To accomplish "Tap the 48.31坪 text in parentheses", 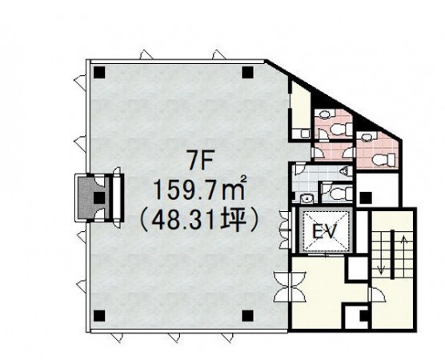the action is point(199,221).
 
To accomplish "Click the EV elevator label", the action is point(325,232).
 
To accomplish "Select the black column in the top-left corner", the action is point(99,72).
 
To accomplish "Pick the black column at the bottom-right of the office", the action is point(248,316).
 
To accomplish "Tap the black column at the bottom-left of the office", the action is point(99,316).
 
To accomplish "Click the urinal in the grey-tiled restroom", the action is point(344,171).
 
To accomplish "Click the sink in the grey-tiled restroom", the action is point(306,198).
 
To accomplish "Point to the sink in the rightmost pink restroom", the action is point(367,137).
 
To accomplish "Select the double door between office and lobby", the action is point(290,287).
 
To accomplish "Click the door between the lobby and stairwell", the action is point(376,295).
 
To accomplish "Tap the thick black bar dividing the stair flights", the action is point(392,254).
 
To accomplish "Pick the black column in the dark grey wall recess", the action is point(99,198).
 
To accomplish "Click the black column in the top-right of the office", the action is point(248,72).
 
